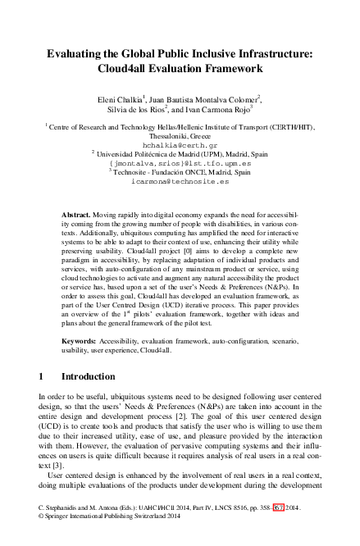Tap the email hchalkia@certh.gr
pyautogui.click(x=180, y=145)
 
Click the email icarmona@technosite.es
pyautogui.click(x=180, y=182)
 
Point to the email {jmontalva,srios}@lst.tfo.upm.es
pyautogui.click(x=180, y=164)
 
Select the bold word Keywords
pyautogui.click(x=81, y=337)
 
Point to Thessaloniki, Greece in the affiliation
pyautogui.click(x=180, y=136)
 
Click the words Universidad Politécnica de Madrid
pyautogui.click(x=156, y=154)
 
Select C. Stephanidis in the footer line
pyautogui.click(x=63, y=508)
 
